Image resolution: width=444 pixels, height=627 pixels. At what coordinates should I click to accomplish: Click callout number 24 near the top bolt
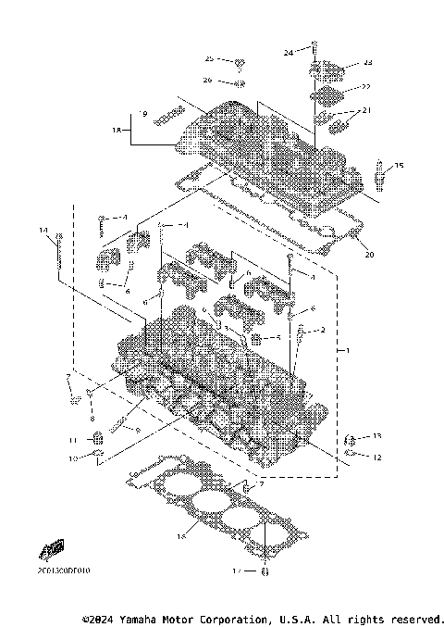[x=288, y=53]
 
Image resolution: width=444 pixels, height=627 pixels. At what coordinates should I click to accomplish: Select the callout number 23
[x=367, y=63]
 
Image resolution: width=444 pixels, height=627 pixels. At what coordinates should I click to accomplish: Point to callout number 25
[x=209, y=58]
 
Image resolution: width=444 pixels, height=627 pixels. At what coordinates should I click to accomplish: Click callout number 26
[x=208, y=80]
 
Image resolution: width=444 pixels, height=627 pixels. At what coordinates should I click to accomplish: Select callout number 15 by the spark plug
[x=400, y=166]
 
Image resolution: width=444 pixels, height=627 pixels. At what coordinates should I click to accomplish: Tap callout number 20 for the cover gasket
[x=369, y=255]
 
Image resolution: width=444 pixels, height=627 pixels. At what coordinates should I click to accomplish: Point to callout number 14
[x=43, y=229]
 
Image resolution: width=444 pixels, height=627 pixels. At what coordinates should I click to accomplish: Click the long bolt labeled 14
[x=59, y=254]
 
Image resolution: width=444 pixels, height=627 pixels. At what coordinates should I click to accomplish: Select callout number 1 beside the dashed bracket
[x=347, y=352]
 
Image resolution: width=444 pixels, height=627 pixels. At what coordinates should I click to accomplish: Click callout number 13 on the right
[x=376, y=435]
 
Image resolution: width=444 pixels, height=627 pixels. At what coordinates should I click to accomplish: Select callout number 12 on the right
[x=376, y=456]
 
